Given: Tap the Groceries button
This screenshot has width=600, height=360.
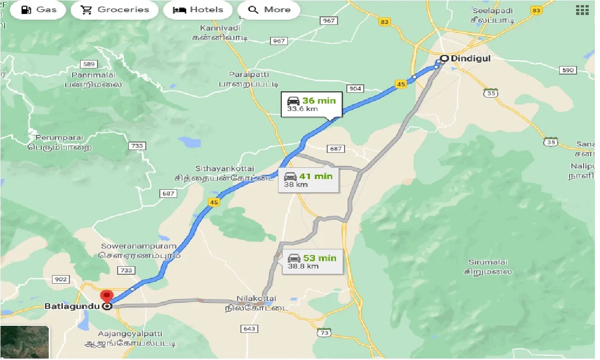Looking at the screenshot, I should click(x=114, y=10).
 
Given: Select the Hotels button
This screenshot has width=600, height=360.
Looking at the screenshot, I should click(x=198, y=10).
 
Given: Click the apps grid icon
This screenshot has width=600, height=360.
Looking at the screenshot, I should click(x=582, y=10).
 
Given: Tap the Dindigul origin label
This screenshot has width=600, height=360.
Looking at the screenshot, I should click(x=464, y=59).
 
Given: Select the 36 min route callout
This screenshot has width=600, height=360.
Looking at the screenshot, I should click(x=311, y=104).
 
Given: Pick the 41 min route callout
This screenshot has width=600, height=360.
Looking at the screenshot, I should click(x=308, y=180).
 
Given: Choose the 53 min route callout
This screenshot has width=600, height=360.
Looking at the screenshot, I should click(x=312, y=262).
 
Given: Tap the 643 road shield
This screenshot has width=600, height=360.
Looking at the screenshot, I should click(x=249, y=329).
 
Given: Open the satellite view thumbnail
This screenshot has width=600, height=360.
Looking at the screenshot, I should click(x=24, y=343).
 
